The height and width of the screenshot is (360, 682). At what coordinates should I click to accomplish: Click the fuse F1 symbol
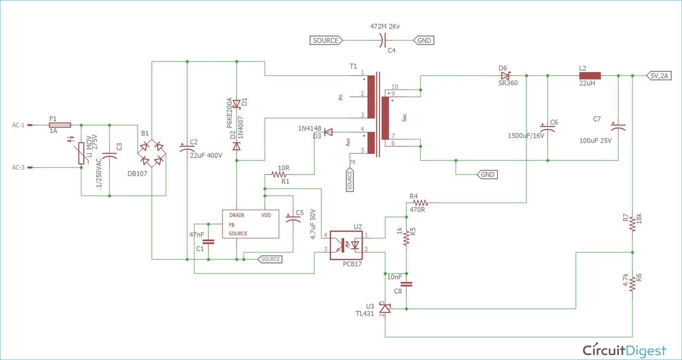coord(60,125)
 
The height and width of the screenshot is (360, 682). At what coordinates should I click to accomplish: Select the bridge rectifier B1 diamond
coord(152,154)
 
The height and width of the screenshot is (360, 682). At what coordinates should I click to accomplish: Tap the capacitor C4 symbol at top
coord(382,41)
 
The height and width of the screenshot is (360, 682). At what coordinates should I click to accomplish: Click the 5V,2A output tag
coord(659,76)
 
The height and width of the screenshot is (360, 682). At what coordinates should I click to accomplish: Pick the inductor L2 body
coord(590,76)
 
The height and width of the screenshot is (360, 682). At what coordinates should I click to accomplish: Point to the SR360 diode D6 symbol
coord(506,76)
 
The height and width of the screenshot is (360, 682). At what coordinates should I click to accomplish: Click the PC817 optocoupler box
coord(346,245)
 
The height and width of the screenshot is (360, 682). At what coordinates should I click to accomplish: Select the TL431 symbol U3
coord(385,308)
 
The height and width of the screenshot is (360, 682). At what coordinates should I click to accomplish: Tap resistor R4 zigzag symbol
coord(420,203)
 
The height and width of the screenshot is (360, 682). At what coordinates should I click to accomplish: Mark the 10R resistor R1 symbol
coord(279,174)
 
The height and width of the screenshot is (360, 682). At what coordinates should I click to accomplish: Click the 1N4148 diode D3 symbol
coord(328,132)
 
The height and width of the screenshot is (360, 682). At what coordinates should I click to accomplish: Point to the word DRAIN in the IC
coord(237,215)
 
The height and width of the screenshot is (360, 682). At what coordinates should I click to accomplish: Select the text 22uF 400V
coord(206,156)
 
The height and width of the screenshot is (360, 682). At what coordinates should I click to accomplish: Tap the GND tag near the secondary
coord(487,174)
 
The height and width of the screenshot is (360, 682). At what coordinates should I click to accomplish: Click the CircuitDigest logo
coord(624,350)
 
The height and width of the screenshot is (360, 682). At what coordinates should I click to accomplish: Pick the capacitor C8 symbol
coord(407,284)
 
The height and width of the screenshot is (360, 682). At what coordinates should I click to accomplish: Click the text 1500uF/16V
coord(526,136)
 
